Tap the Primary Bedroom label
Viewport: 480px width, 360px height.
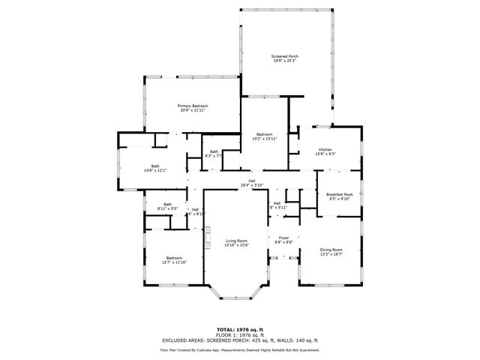pos(193,106)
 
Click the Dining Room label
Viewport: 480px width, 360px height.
pos(331,249)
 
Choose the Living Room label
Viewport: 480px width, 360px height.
pos(237,240)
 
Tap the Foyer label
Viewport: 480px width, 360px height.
pos(283,237)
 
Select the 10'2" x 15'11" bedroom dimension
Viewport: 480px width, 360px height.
pos(264,139)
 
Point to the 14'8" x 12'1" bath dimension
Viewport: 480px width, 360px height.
pos(155,170)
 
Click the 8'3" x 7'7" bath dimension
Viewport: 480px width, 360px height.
pos(214,157)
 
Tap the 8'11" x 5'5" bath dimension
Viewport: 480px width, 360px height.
pos(168,208)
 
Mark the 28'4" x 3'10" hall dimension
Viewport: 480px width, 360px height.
pos(253,185)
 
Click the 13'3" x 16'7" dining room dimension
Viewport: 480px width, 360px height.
pos(331,254)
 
